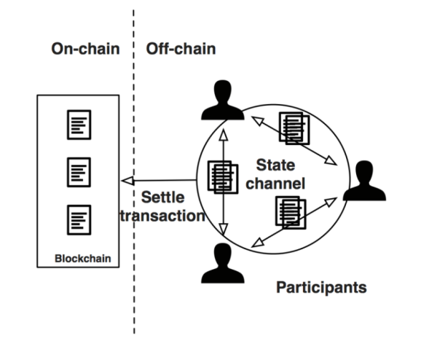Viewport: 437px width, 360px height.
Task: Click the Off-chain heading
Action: click(181, 49)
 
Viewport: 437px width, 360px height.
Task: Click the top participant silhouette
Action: click(222, 102)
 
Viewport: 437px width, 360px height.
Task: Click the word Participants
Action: click(321, 287)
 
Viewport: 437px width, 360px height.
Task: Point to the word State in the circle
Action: click(276, 165)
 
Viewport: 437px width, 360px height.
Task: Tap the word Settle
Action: click(162, 198)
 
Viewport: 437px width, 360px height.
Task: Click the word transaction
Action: click(162, 215)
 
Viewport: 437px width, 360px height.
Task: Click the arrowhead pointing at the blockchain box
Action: click(127, 181)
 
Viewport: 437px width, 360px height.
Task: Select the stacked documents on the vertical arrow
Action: click(223, 176)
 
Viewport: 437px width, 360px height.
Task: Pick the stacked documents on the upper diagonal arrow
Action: click(293, 127)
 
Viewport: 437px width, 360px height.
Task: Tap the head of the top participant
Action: click(222, 92)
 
